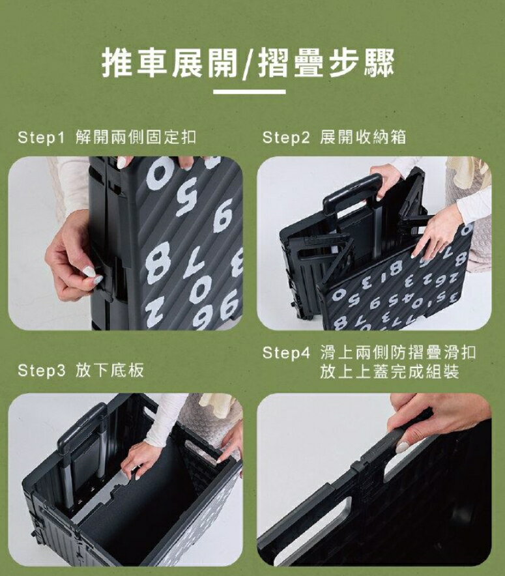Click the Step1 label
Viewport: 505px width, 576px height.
41,137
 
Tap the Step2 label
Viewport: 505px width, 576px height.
286,137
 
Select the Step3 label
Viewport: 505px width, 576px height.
41,370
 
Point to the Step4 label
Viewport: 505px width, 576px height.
286,353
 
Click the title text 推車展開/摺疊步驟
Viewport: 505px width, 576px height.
248,63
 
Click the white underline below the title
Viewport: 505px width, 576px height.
250,92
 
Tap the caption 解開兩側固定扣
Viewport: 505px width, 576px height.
136,137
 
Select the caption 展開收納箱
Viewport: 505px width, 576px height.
363,137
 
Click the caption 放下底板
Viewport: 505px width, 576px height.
109,370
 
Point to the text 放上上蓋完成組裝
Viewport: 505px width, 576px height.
390,372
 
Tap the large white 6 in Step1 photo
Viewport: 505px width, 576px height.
224,218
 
